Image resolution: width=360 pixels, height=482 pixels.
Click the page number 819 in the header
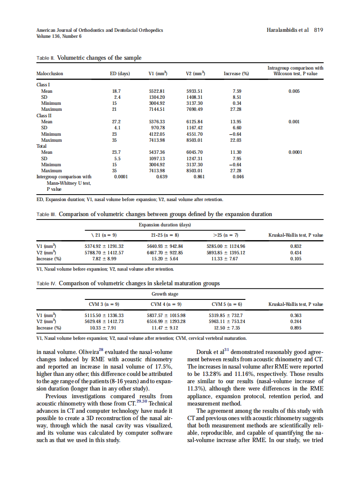tap(318, 30)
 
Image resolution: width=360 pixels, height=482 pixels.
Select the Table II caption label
tap(46, 58)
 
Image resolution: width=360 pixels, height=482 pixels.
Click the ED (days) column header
tap(120, 73)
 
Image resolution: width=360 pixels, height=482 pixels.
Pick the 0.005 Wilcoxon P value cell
tap(294, 91)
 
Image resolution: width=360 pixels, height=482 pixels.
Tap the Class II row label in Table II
tap(44, 116)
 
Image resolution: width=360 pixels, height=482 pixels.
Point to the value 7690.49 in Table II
tap(195, 110)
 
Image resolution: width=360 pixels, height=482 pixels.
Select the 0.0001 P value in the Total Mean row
tap(295, 152)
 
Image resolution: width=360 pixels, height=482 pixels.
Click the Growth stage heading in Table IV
tap(165, 294)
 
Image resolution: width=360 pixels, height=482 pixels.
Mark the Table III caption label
tap(47, 214)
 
